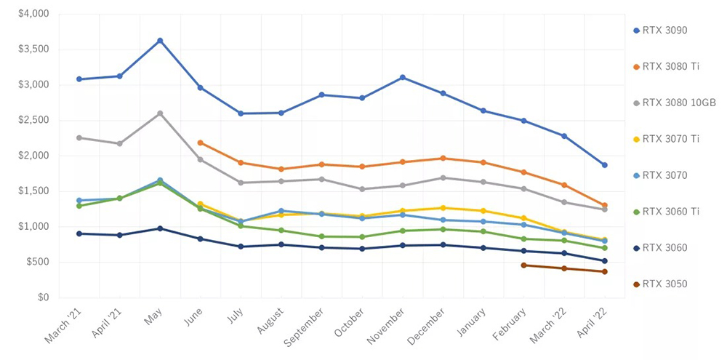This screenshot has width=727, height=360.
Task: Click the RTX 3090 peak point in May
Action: click(160, 41)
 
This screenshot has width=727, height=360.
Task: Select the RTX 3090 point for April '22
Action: click(604, 165)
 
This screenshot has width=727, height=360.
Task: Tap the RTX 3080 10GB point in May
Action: click(160, 113)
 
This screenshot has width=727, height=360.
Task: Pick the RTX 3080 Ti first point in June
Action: click(200, 143)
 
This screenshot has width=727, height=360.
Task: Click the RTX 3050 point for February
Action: click(523, 265)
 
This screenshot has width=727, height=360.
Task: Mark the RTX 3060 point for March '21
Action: click(79, 233)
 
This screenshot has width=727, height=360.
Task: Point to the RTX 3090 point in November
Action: click(402, 78)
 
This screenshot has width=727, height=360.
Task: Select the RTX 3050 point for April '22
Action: click(604, 272)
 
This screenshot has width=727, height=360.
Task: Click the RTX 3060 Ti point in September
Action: click(321, 236)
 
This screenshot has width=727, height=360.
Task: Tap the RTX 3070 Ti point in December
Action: click(443, 208)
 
